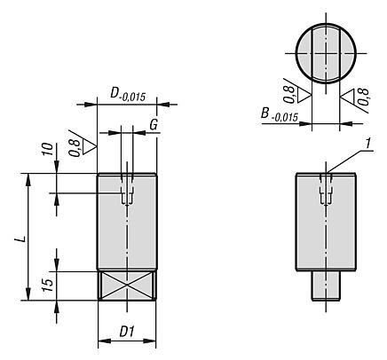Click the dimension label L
(21, 238)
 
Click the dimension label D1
(127, 332)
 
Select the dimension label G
(154, 126)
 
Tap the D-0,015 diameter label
(128, 95)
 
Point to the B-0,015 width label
(280, 114)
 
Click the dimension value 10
(48, 149)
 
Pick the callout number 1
(368, 144)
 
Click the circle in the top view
(296, 53)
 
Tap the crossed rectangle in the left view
(127, 286)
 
